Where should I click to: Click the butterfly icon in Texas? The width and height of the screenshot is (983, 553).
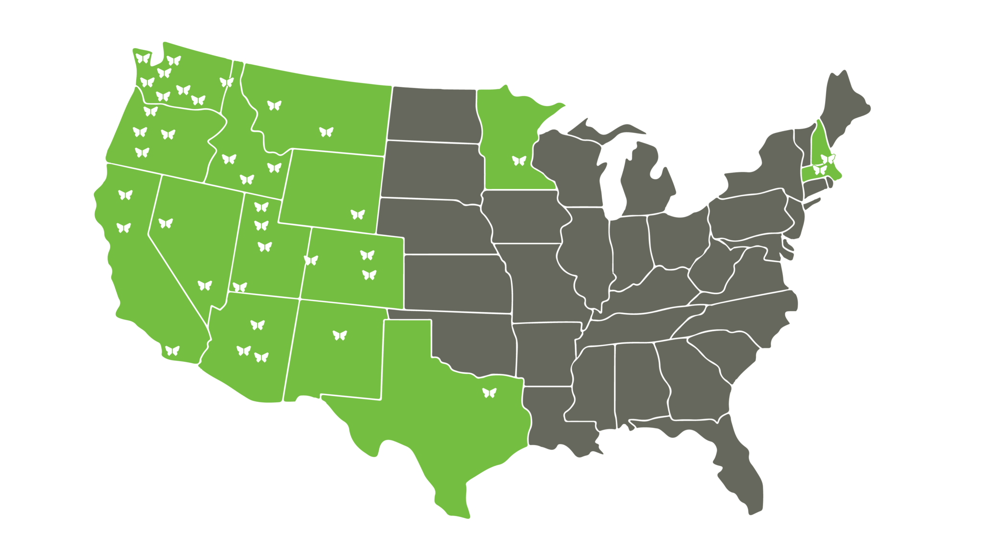(x=489, y=393)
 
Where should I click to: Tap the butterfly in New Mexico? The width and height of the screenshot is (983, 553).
(x=339, y=335)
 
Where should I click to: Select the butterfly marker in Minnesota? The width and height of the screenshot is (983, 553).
(x=519, y=160)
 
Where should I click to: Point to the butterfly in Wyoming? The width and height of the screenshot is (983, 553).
(x=358, y=214)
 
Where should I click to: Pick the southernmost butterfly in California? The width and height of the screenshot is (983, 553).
(x=172, y=350)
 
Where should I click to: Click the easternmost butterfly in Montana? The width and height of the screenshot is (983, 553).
(x=326, y=132)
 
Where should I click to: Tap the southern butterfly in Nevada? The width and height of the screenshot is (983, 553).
(x=204, y=285)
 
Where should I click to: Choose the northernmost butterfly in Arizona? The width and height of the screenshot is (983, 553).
(x=257, y=325)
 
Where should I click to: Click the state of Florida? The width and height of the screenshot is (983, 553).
(x=739, y=461)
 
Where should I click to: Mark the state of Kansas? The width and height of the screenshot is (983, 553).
(x=456, y=283)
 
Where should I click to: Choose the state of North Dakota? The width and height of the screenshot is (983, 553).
(x=434, y=115)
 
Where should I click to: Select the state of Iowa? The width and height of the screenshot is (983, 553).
(x=521, y=216)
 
